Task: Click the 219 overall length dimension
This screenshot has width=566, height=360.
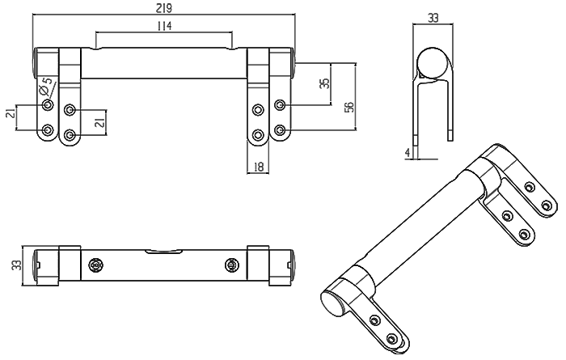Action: click(163, 7)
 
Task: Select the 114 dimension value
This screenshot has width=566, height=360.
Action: click(163, 26)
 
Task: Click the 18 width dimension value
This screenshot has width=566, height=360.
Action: click(259, 166)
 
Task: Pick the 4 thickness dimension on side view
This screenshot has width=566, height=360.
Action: click(408, 152)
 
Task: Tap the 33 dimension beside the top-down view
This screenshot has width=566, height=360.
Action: click(16, 265)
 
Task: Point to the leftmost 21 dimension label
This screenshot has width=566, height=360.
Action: click(11, 114)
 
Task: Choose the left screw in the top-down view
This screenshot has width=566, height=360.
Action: click(96, 265)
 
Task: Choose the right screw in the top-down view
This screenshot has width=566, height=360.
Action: click(232, 265)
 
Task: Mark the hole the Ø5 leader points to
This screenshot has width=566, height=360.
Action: click(48, 106)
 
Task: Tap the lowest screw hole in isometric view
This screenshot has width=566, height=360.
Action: click(394, 337)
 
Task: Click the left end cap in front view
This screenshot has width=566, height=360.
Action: click(40, 63)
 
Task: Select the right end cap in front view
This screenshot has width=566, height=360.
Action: click(287, 63)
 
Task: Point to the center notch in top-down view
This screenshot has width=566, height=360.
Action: click(163, 252)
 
